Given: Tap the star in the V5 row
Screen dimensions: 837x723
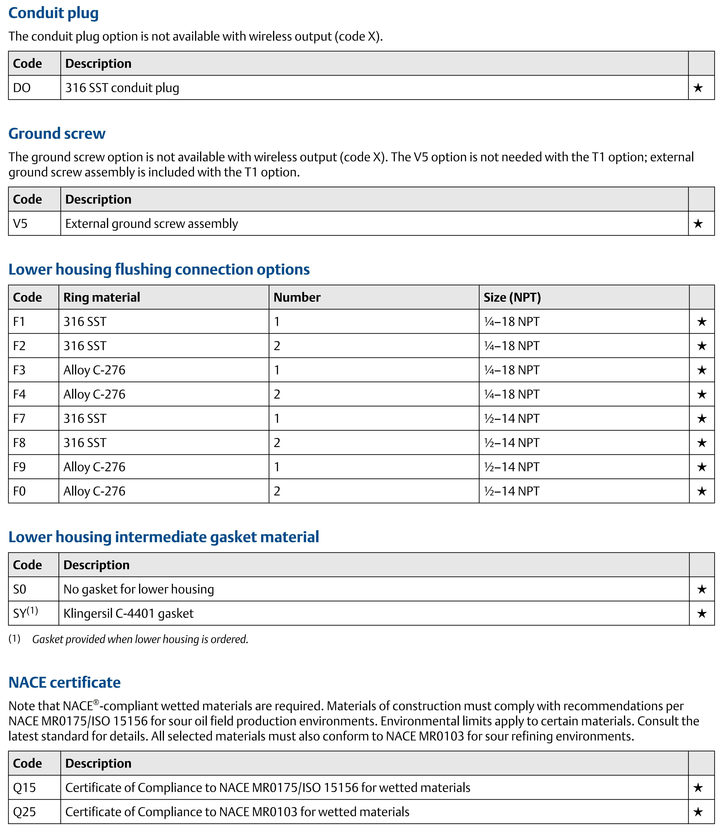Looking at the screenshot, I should [698, 223].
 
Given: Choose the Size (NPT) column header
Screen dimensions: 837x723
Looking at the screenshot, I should [512, 297].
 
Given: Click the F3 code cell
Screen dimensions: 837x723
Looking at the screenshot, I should [19, 370].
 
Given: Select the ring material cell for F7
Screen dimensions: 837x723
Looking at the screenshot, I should [85, 418].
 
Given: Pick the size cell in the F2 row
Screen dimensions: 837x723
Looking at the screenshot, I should [512, 346].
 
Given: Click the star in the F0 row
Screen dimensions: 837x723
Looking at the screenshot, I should [702, 491].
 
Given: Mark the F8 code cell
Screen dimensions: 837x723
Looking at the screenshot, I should [19, 443].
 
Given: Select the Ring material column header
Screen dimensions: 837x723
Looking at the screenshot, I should [102, 297].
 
